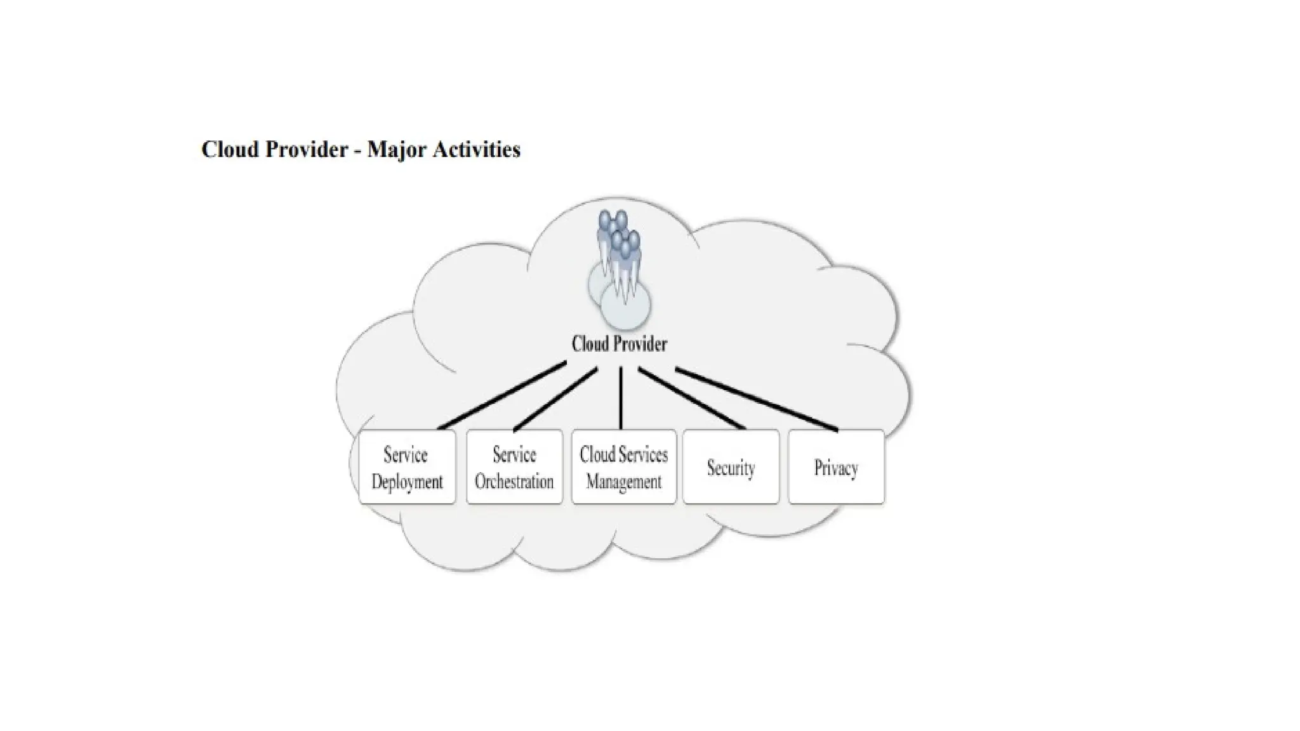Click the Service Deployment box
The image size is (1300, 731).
click(x=407, y=467)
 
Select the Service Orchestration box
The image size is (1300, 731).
click(x=514, y=467)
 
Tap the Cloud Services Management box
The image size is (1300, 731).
click(x=623, y=467)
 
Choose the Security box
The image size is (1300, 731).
click(x=731, y=467)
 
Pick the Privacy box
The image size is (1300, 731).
click(x=836, y=467)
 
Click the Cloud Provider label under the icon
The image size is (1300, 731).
click(x=619, y=344)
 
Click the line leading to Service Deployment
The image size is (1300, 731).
click(x=501, y=395)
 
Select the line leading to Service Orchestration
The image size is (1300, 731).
click(x=555, y=399)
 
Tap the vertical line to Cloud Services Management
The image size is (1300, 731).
click(x=621, y=398)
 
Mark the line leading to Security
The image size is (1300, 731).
click(x=692, y=398)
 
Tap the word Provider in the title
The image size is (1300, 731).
click(x=307, y=150)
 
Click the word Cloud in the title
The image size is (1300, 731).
click(x=230, y=150)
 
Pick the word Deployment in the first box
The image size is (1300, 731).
click(x=407, y=482)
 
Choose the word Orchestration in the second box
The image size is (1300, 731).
click(x=514, y=482)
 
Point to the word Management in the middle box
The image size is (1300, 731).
click(x=623, y=482)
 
